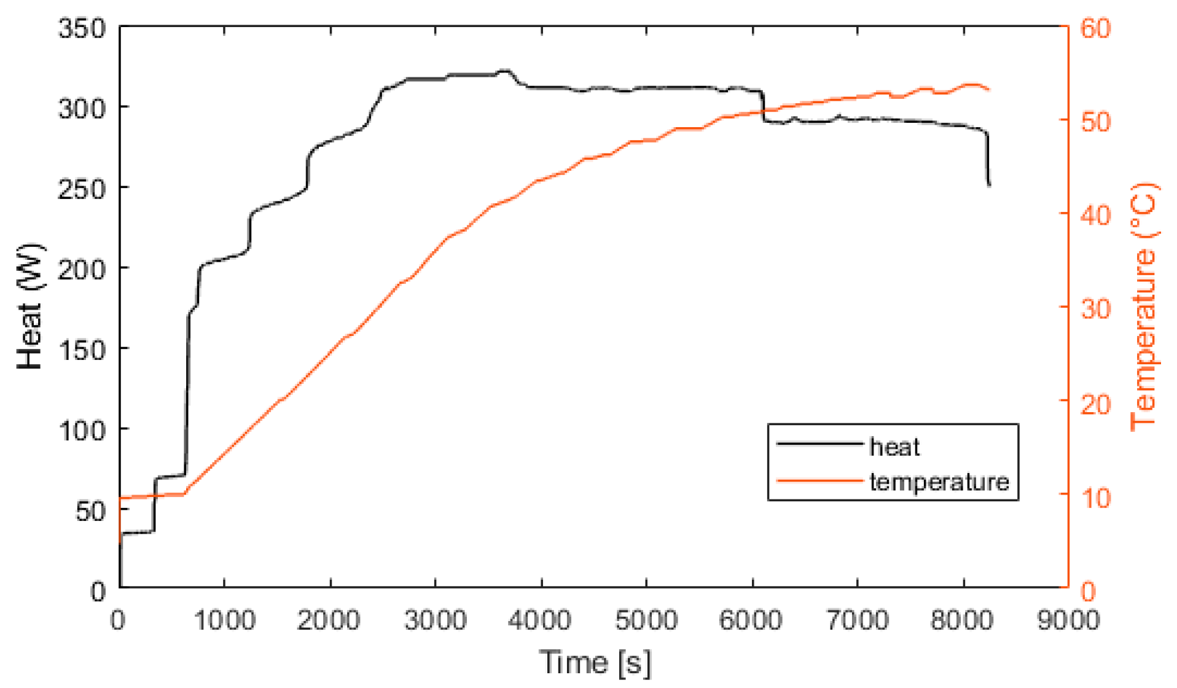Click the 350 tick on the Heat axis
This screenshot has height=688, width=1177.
[83, 28]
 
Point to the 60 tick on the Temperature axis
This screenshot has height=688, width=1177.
[1095, 28]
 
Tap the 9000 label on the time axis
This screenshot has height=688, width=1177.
[1068, 620]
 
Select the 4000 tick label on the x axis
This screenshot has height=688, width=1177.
[540, 620]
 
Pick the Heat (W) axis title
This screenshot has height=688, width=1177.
[29, 307]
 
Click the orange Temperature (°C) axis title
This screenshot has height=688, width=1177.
[1144, 307]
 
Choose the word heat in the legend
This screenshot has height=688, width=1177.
[894, 447]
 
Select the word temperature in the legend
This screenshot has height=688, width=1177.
[939, 482]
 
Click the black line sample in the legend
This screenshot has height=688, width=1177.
[819, 444]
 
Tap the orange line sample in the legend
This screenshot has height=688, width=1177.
[819, 480]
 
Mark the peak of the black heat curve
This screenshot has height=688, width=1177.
[505, 71]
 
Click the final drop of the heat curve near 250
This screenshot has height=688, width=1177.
[989, 183]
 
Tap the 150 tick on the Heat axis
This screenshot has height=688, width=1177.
[83, 350]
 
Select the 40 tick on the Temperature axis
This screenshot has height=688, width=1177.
[1095, 216]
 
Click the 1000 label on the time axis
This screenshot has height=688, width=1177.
[224, 620]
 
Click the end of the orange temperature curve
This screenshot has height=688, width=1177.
[989, 90]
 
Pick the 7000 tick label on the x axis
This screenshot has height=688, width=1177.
[857, 620]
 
